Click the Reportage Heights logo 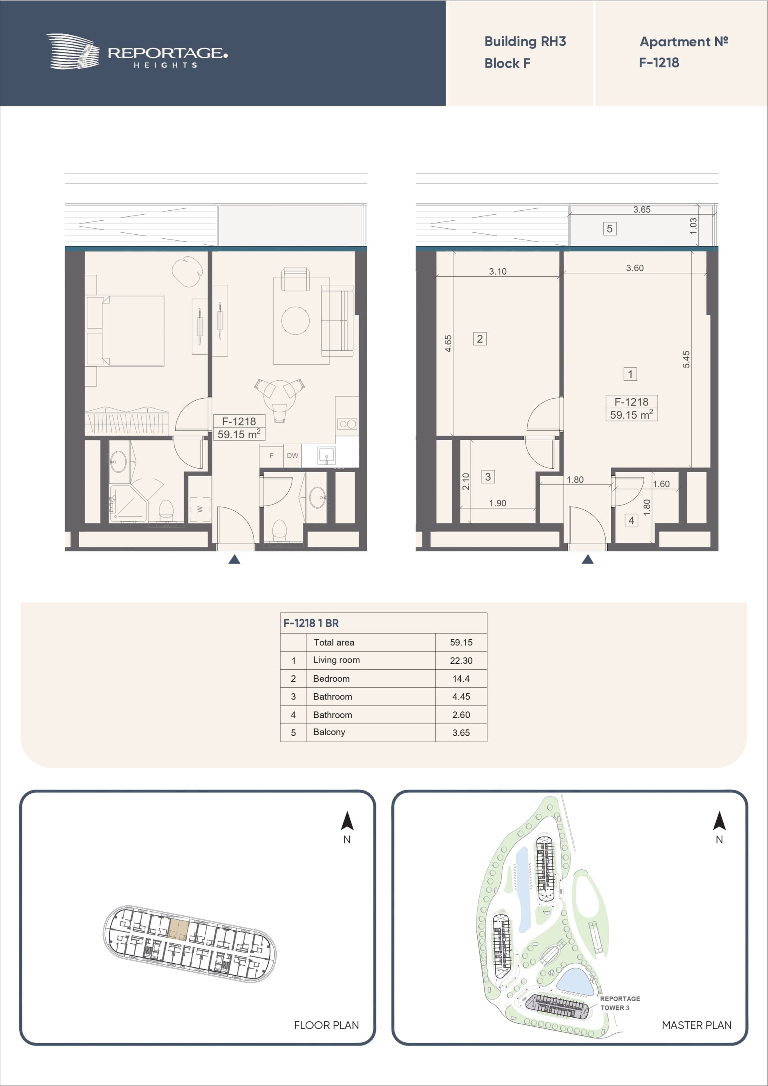coord(137,52)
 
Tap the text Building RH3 coord(525,42)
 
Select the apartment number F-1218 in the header coord(659,62)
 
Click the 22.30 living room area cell coord(461,660)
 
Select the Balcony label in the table coord(329,732)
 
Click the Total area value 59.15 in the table coord(461,642)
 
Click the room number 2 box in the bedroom coord(480,339)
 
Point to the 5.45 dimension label coord(686,359)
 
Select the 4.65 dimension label coord(448,343)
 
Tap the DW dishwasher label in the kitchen coord(292,455)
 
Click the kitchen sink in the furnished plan coord(326,456)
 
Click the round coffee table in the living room coord(295,320)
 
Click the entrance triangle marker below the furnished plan coord(234,559)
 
